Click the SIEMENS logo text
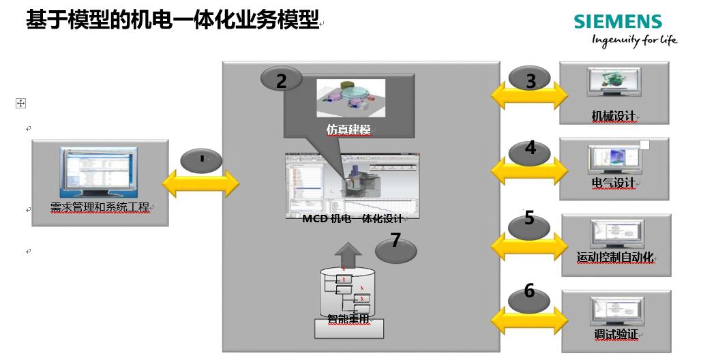(617, 22)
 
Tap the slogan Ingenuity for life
(634, 40)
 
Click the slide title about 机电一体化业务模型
(173, 20)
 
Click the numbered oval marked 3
(530, 80)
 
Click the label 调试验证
(615, 335)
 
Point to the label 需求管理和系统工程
(100, 207)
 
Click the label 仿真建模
(348, 130)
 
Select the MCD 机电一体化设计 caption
(352, 218)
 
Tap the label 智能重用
(348, 318)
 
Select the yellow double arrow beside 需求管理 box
(200, 182)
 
